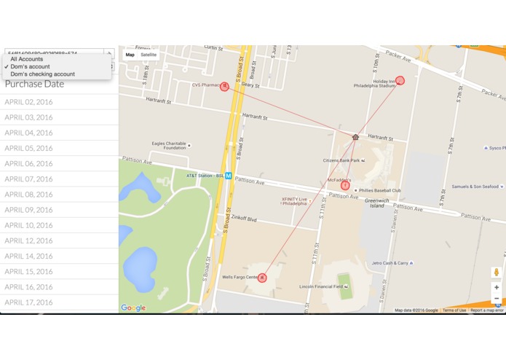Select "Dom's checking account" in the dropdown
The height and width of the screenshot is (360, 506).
tap(42, 74)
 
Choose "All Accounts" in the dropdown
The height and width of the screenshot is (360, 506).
tap(27, 59)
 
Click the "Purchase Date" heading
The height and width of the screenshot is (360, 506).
tap(35, 84)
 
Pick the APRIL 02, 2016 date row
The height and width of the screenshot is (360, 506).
tap(29, 102)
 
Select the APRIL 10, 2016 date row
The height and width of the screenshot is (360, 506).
tap(29, 225)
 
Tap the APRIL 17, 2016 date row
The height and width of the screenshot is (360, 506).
tap(29, 302)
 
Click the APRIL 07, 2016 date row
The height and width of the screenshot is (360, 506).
tap(29, 179)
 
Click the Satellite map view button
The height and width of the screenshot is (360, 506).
tap(149, 55)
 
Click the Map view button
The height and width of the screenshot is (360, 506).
tap(130, 55)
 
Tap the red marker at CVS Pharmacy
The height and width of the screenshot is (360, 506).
tap(224, 86)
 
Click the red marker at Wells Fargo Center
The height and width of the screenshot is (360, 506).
tap(262, 278)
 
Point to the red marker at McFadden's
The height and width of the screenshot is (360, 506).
tap(345, 185)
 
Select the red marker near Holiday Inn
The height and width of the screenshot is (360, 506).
tap(400, 81)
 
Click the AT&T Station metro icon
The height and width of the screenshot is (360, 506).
tap(228, 176)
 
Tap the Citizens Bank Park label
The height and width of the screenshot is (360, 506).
tap(341, 160)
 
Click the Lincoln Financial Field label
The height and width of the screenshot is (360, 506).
tap(323, 286)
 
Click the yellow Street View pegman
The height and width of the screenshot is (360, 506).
tap(497, 273)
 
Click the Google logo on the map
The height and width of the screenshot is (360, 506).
tap(133, 308)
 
